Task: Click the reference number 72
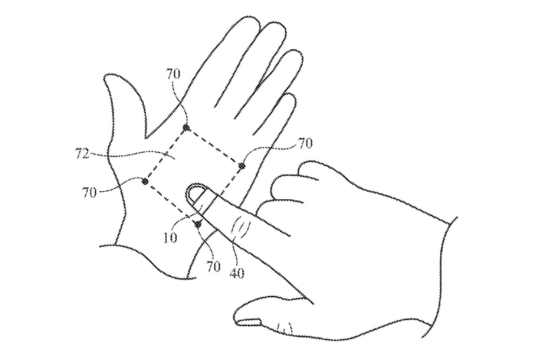[x=82, y=154]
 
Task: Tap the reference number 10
[x=170, y=237]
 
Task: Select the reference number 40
[x=237, y=273]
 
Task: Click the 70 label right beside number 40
[x=213, y=266]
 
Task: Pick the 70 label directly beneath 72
[x=89, y=192]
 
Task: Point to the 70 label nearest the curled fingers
[x=305, y=143]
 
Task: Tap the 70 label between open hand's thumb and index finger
[x=173, y=74]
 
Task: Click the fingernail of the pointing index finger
[x=196, y=194]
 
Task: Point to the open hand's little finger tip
[x=291, y=97]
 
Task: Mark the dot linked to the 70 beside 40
[x=198, y=225]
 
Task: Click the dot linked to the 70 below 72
[x=145, y=181]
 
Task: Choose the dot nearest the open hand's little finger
[x=242, y=166]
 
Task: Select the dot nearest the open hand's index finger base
[x=186, y=128]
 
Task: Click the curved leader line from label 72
[x=134, y=153]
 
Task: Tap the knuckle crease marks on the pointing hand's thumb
[x=285, y=328]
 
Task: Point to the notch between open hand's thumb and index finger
[x=146, y=138]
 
